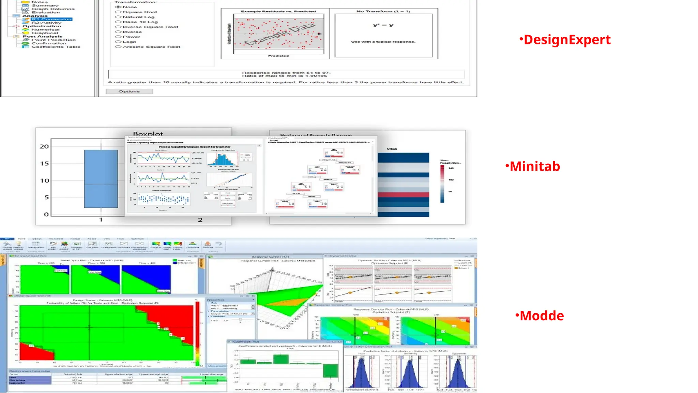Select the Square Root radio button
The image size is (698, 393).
119,12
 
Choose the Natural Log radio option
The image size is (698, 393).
119,17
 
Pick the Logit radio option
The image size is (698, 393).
119,42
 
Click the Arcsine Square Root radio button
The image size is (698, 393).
119,47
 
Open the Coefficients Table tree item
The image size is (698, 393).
56,47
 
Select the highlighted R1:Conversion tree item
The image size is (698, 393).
51,19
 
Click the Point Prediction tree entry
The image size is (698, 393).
54,40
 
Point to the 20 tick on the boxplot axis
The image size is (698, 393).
44,147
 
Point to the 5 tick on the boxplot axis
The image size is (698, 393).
47,198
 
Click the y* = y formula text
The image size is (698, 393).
383,25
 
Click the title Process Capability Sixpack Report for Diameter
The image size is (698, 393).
194,147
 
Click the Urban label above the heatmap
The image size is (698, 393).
392,149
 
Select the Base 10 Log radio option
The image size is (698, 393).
119,22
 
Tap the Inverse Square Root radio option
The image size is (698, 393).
119,27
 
